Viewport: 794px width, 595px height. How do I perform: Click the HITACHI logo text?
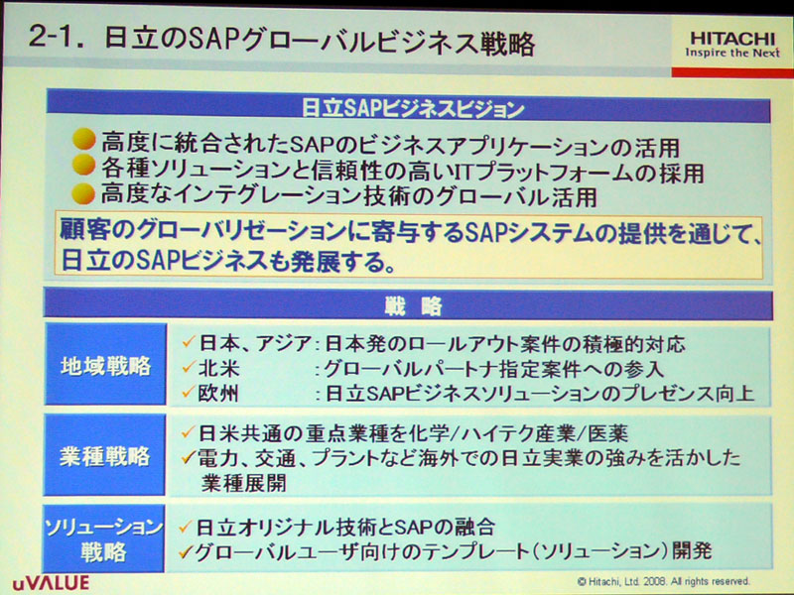click(732, 38)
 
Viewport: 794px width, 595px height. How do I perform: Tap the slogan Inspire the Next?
click(732, 53)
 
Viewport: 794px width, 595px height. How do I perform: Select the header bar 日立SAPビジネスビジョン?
click(409, 108)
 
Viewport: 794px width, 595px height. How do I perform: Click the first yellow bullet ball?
click(84, 140)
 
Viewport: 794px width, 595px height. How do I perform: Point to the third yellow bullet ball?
click(83, 193)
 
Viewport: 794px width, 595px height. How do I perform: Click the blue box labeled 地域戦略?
click(106, 365)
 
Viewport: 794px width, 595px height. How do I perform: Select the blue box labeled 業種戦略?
click(105, 455)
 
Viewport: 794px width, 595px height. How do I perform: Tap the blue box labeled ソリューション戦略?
click(104, 538)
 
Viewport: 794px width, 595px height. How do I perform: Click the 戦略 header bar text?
click(413, 306)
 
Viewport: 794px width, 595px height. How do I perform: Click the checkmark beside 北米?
click(189, 367)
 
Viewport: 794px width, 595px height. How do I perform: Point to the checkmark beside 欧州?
click(189, 391)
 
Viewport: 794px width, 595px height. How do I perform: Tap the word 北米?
click(218, 368)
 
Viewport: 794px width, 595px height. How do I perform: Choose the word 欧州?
click(218, 393)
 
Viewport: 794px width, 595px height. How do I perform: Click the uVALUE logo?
click(51, 583)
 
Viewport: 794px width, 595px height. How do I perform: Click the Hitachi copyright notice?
click(663, 581)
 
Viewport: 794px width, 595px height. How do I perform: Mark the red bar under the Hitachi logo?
click(732, 72)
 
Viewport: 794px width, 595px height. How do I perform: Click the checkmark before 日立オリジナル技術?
click(186, 528)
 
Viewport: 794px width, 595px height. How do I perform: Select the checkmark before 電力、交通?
click(189, 458)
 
